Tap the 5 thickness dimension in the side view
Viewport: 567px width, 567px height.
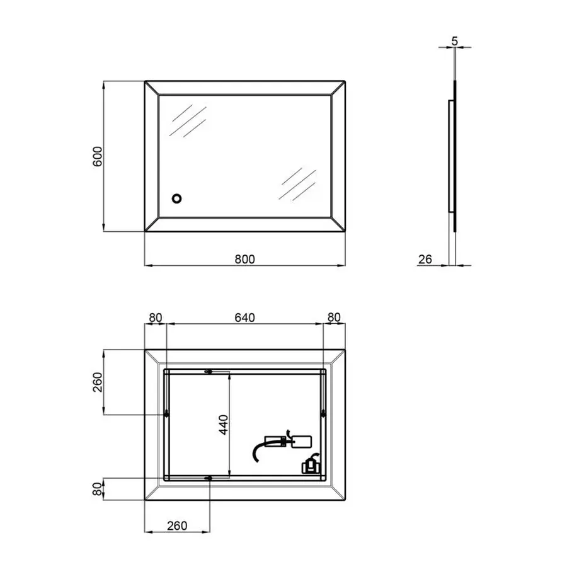[455, 42]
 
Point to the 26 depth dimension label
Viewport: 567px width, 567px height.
[425, 259]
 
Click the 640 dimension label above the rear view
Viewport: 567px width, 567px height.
[245, 318]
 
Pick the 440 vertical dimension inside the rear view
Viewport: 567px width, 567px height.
[224, 425]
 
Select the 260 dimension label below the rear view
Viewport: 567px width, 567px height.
[177, 526]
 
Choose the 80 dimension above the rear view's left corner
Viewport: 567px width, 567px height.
[156, 318]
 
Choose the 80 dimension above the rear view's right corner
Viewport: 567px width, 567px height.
[335, 318]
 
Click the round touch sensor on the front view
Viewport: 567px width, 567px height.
[178, 199]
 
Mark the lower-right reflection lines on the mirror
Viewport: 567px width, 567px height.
[298, 183]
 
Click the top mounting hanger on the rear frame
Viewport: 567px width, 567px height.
[209, 372]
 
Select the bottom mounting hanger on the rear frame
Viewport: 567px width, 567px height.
[209, 479]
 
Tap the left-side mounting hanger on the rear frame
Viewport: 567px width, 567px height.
[166, 414]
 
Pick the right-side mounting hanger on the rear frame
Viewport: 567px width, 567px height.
[323, 414]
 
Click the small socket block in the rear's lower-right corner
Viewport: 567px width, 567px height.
[310, 466]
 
